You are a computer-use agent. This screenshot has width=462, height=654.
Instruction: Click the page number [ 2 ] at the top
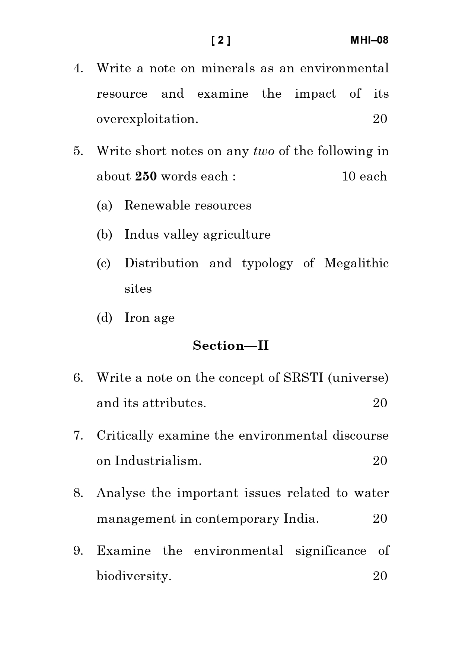point(221,40)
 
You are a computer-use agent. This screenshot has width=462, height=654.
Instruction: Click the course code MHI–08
point(369,40)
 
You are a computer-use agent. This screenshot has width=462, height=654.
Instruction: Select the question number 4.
point(78,69)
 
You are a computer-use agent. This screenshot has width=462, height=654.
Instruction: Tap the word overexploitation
point(147,119)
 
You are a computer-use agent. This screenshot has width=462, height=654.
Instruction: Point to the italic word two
point(264,151)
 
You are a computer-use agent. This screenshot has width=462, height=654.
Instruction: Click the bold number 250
point(146,176)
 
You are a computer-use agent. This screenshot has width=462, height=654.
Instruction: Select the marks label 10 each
point(364,176)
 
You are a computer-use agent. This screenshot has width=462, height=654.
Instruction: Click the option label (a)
point(104,205)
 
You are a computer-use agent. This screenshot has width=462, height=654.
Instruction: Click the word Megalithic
point(356,263)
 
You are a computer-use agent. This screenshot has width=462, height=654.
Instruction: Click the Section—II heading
point(231,346)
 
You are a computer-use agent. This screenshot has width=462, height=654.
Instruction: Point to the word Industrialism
point(158,461)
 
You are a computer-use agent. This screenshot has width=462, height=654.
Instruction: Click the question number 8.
point(78,493)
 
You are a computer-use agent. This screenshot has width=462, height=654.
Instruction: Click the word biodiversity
point(134,576)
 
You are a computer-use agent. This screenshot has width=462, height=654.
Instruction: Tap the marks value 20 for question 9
point(380,576)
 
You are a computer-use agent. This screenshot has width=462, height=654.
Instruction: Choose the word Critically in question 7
point(125,436)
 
